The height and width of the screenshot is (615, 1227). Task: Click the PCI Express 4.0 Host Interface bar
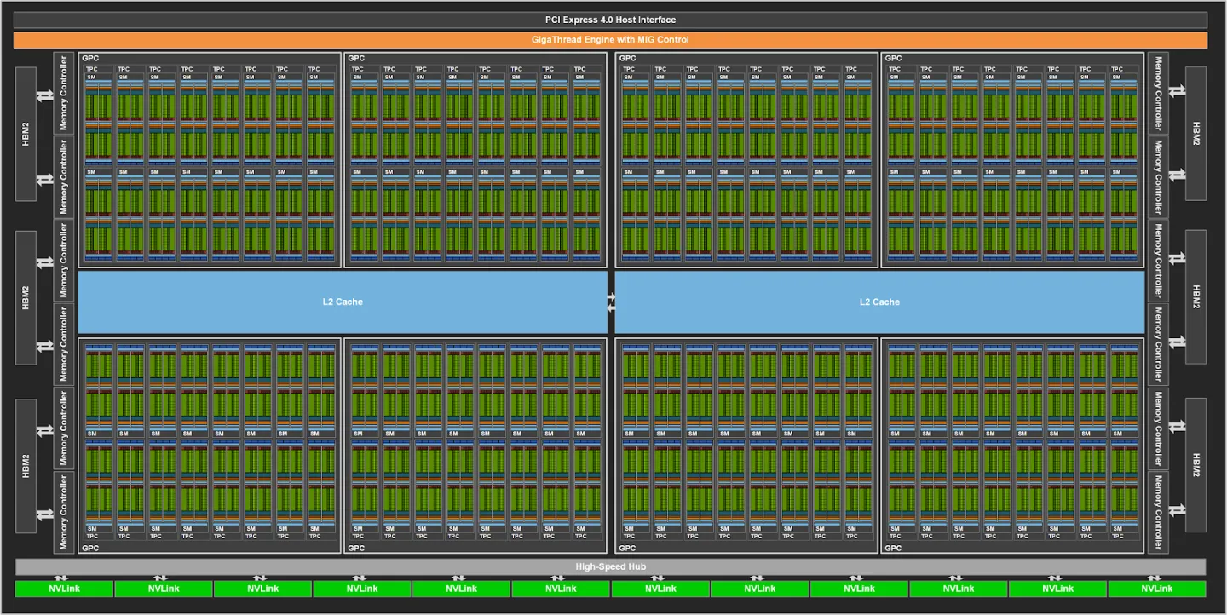tap(610, 20)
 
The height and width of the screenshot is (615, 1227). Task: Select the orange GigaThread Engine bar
tap(610, 40)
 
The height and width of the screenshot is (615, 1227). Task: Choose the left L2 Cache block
tap(343, 302)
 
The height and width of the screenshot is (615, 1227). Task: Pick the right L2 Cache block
tap(879, 302)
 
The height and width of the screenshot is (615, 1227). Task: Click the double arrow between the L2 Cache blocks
tap(611, 302)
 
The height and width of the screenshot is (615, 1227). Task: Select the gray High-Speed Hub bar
tap(610, 566)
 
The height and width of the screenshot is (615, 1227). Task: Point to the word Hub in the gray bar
tap(637, 566)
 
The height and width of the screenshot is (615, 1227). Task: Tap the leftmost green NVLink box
tap(65, 589)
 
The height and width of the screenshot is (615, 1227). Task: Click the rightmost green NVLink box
tap(1156, 589)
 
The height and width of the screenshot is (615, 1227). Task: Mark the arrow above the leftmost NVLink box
tap(65, 578)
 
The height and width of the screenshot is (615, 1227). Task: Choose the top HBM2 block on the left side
tap(26, 134)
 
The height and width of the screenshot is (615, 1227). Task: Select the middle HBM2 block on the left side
tap(26, 297)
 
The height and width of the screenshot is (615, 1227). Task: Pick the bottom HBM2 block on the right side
tap(1195, 464)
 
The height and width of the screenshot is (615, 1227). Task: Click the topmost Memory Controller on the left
tap(64, 92)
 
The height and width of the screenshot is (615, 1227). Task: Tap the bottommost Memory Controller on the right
tap(1158, 511)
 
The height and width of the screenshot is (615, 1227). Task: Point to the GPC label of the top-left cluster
tap(89, 58)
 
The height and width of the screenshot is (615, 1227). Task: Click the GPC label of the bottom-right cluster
tap(893, 548)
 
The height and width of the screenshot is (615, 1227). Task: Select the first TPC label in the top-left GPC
tap(92, 69)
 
